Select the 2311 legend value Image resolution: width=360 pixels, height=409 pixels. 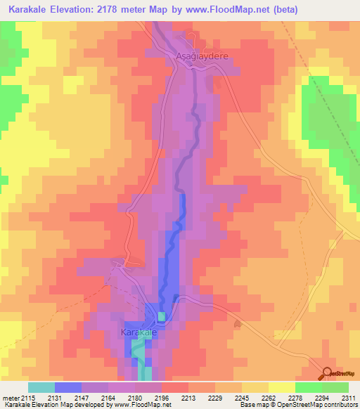coord(347,398)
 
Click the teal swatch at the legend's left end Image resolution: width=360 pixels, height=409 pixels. coord(41,387)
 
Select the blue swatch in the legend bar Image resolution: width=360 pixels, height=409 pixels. coord(68,387)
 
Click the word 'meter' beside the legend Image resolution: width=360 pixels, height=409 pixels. coord(11,398)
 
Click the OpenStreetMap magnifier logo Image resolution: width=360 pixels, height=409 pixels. coord(328,373)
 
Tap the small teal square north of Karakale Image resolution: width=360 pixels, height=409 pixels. coord(162,316)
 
